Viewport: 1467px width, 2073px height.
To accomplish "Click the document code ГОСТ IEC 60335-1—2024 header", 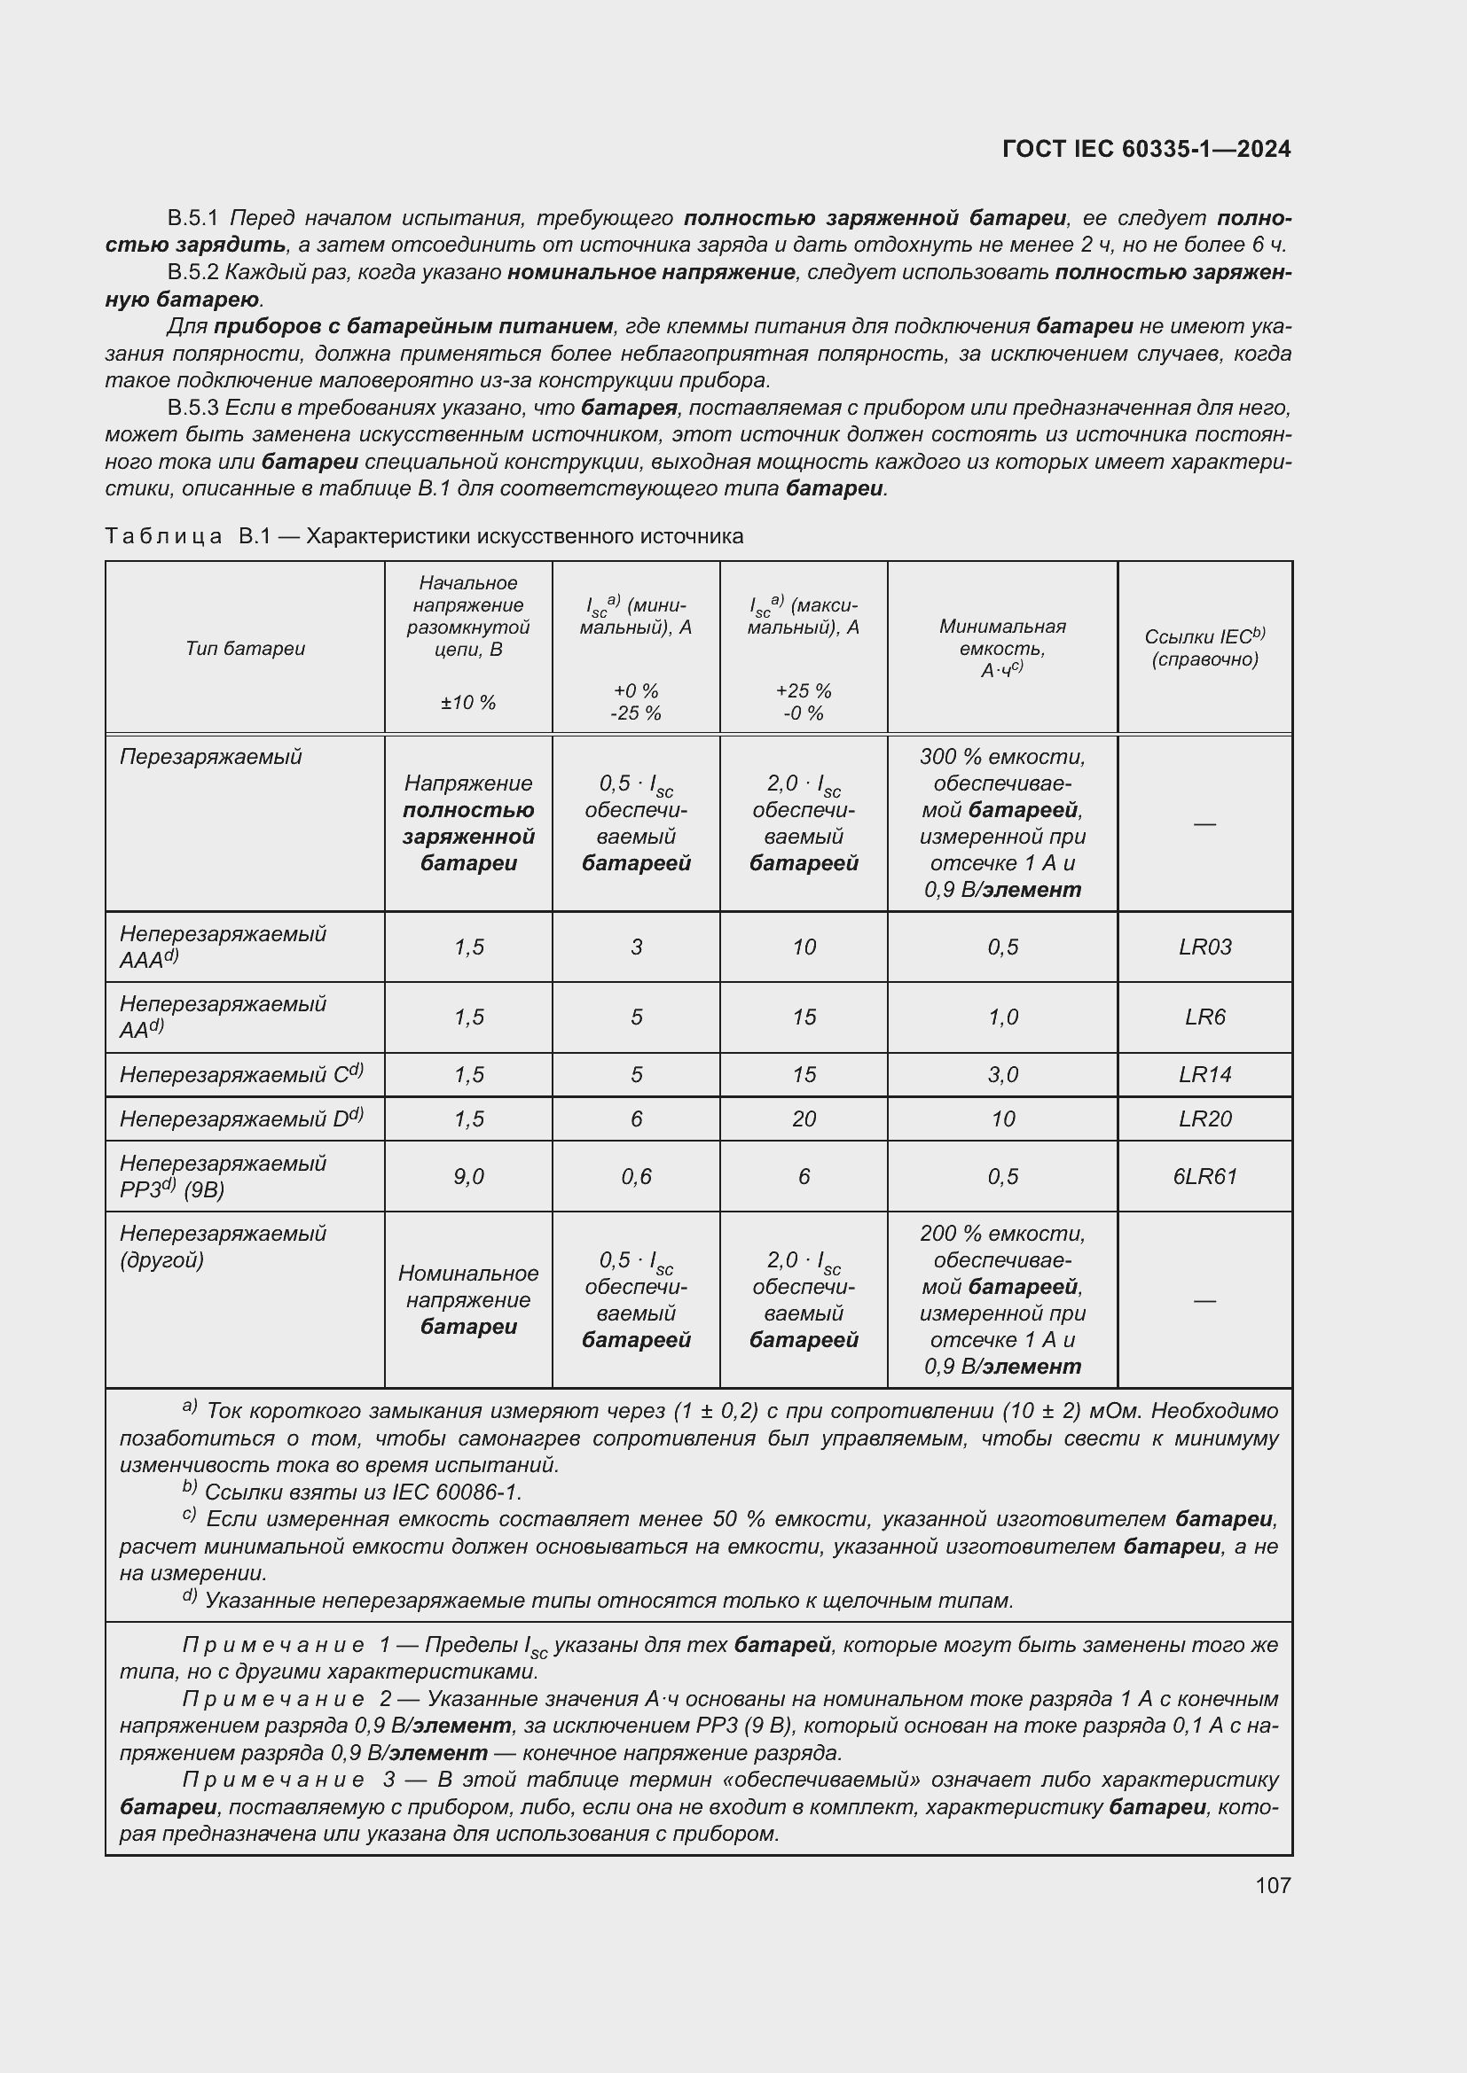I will click(x=1145, y=149).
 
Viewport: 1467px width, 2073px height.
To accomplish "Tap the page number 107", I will click(x=1272, y=1884).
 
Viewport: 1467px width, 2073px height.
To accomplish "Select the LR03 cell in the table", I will click(x=1204, y=947).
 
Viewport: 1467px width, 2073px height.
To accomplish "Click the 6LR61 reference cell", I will click(x=1204, y=1176).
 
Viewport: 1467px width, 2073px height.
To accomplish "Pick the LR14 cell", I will click(x=1204, y=1074).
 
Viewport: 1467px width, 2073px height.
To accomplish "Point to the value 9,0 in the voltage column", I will click(x=468, y=1176).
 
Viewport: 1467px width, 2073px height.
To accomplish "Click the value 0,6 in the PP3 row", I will click(x=636, y=1176).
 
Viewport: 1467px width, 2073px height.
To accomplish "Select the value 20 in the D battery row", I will click(x=803, y=1119).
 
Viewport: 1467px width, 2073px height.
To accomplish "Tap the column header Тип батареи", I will click(x=245, y=648).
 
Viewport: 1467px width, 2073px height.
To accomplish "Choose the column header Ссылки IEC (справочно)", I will click(x=1204, y=647).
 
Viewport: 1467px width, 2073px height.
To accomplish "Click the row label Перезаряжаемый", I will click(x=210, y=757).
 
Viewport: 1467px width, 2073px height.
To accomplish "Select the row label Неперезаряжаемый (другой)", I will click(x=223, y=1246).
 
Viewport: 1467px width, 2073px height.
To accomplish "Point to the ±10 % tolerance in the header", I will click(x=468, y=703).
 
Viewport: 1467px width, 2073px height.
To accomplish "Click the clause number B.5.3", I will click(x=192, y=408).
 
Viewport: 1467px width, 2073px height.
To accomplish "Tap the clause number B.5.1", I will click(x=192, y=219).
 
